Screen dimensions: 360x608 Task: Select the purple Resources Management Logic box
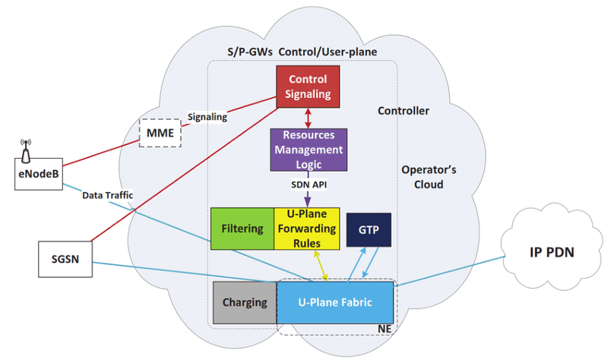[x=307, y=149]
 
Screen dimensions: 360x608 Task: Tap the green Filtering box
[x=242, y=228]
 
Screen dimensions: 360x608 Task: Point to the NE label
[x=385, y=330]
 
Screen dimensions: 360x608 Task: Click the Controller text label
[x=403, y=111]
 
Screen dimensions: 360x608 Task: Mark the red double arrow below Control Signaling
[x=307, y=116]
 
